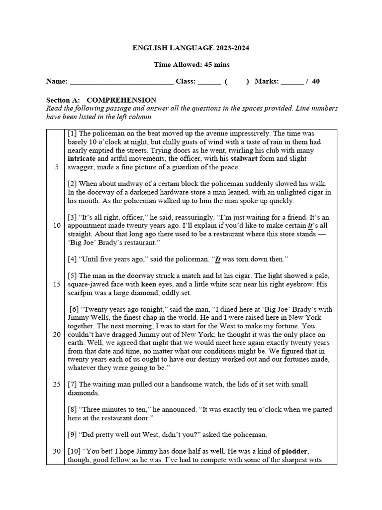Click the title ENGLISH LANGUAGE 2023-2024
[191, 48]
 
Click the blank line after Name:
[121, 82]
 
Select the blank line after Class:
[209, 82]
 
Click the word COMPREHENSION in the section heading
[121, 100]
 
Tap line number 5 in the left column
[57, 167]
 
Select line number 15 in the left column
[57, 284]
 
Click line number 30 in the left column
[57, 451]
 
